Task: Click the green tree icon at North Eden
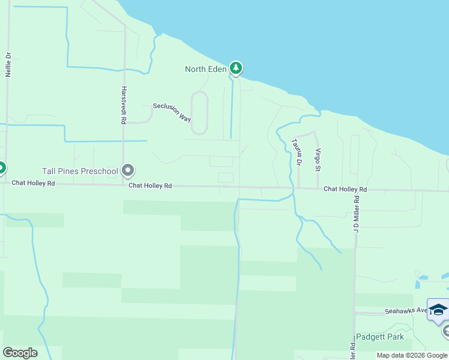[x=236, y=68]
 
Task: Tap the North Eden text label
[x=205, y=69]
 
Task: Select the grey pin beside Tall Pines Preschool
[x=127, y=171]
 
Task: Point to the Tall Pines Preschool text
[x=79, y=172]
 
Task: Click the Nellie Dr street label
[x=8, y=65]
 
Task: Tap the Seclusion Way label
[x=172, y=111]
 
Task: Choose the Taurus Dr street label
[x=296, y=152]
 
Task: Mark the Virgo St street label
[x=318, y=159]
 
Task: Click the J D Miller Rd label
[x=356, y=214]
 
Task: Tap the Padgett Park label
[x=380, y=337]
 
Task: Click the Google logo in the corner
[x=20, y=352]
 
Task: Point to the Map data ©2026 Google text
[x=412, y=355]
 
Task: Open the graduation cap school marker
[x=438, y=310]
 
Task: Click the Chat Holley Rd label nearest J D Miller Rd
[x=345, y=189]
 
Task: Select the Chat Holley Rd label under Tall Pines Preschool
[x=150, y=186]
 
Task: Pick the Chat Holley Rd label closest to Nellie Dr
[x=34, y=183]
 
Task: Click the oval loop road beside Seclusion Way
[x=199, y=113]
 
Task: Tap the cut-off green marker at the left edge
[x=2, y=167]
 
